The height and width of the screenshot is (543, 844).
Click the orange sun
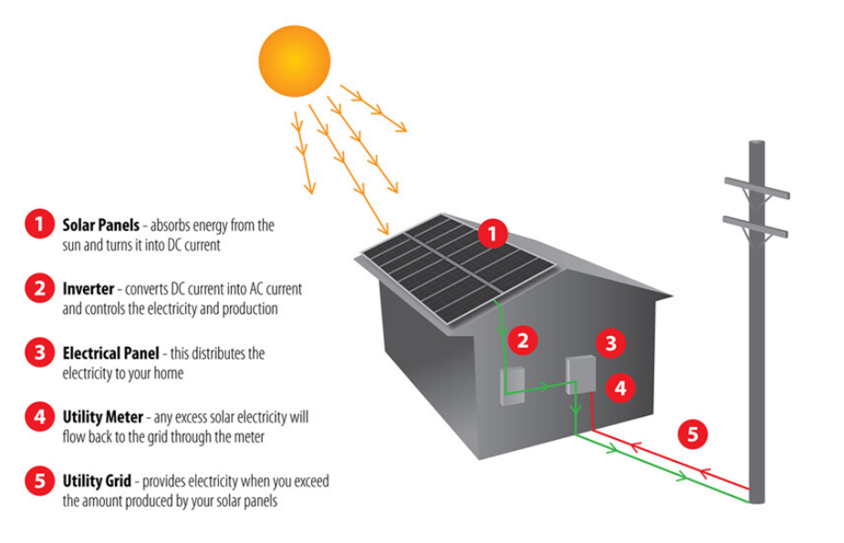click(x=295, y=61)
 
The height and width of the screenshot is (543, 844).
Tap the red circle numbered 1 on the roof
click(x=493, y=234)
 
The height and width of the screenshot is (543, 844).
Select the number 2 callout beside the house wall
click(x=522, y=340)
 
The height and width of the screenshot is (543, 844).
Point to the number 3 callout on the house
click(x=610, y=343)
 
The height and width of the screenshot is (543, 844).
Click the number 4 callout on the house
click(x=620, y=388)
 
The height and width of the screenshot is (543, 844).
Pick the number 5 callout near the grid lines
click(x=693, y=433)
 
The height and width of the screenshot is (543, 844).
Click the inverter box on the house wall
click(x=513, y=386)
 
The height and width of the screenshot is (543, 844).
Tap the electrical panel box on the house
click(x=581, y=374)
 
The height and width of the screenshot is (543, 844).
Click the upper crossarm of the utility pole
click(x=756, y=188)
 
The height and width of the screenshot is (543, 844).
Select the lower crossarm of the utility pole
click(x=755, y=226)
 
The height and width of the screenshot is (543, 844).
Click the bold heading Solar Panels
click(x=100, y=225)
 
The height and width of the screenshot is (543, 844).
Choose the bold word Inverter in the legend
click(x=89, y=289)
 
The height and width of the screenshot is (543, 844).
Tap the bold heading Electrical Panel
click(x=111, y=353)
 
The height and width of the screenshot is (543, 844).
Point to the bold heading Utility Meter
click(x=103, y=417)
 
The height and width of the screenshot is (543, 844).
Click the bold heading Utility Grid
click(x=97, y=481)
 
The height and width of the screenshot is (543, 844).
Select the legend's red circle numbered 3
click(x=39, y=352)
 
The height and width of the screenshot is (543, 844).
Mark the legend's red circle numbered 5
click(x=39, y=481)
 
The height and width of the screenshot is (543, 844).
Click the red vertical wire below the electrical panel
click(x=592, y=412)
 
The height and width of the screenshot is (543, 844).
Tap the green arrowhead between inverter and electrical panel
click(x=545, y=386)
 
